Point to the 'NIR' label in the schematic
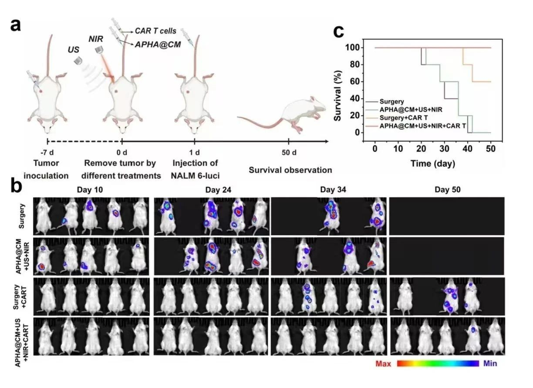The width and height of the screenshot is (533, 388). point(97,39)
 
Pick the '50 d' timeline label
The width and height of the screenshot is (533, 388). point(289,153)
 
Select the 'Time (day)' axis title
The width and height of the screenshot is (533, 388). point(433,164)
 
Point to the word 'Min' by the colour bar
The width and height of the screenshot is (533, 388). point(490,363)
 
